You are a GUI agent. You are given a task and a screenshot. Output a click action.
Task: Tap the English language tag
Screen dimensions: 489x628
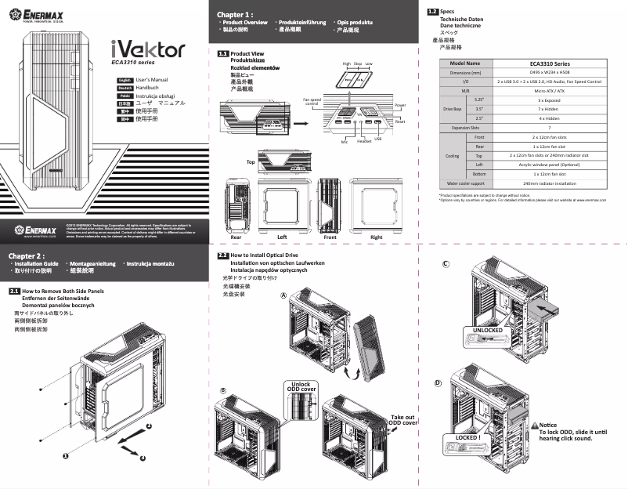pos(124,81)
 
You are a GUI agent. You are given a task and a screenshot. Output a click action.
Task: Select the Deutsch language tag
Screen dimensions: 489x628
pos(124,89)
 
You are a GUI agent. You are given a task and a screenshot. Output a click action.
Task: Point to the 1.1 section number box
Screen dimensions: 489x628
pos(222,53)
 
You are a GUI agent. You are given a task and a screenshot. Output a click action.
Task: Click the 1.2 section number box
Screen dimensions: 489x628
pos(432,11)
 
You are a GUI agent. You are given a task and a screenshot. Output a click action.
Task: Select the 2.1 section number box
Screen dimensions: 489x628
pos(14,292)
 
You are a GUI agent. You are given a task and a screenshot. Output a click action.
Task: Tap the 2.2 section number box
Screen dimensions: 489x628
pos(222,255)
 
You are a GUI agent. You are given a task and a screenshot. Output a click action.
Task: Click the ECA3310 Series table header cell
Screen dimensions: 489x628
pos(549,63)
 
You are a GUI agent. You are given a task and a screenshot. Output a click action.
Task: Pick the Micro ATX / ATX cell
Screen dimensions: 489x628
pos(549,91)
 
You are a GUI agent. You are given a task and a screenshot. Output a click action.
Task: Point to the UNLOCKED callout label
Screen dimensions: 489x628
pos(488,330)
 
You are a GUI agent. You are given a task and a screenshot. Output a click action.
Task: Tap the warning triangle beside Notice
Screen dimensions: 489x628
pos(535,425)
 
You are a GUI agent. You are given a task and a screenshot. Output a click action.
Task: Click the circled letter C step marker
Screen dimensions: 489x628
pos(446,263)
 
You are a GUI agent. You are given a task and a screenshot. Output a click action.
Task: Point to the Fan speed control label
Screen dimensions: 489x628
pos(311,102)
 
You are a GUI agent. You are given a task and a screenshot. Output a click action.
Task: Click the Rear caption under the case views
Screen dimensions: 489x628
pos(236,236)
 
